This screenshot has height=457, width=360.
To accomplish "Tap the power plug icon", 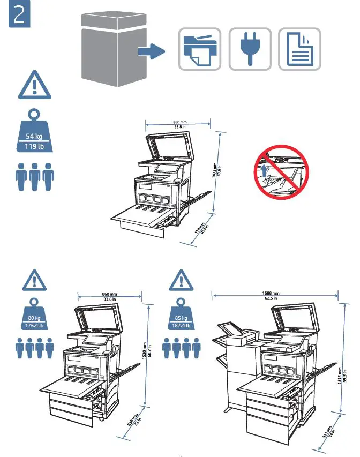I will click(250, 49).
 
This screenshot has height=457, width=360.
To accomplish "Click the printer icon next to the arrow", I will click(199, 49).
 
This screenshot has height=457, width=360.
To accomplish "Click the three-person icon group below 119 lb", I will click(34, 176).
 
